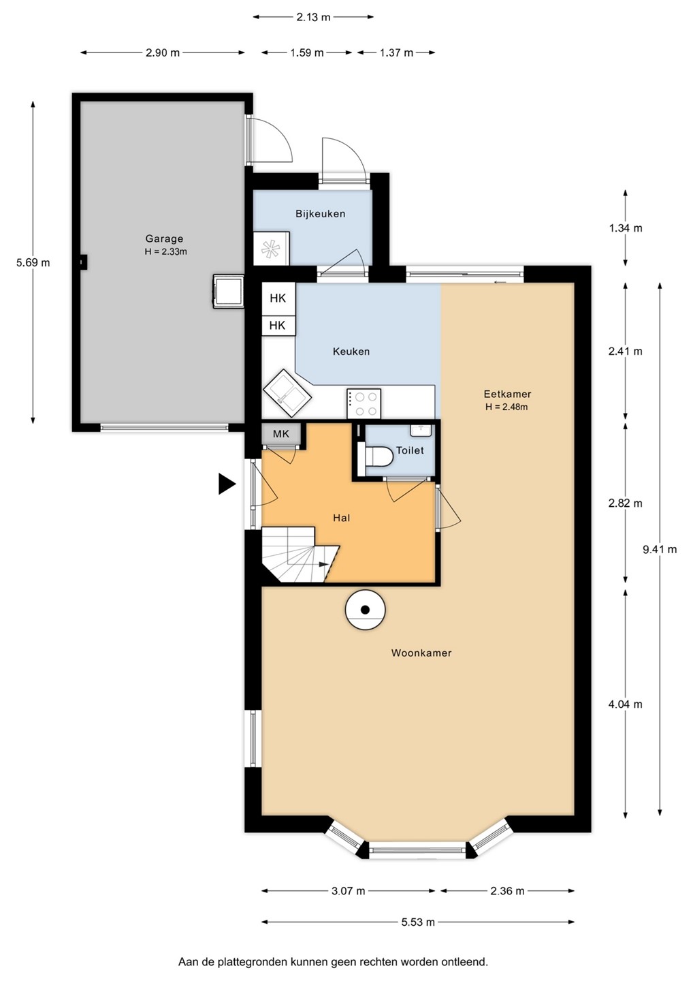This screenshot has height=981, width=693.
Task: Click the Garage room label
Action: pos(164,238)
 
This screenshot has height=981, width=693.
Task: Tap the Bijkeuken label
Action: pos(320,214)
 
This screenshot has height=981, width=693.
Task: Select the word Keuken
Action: pos(351,352)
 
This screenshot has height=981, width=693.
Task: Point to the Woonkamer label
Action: pos(421,653)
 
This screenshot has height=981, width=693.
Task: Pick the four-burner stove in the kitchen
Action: pos(364,403)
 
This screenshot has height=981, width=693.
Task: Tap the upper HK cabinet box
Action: pos(278,298)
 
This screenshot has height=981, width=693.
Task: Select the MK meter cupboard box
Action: pos(281,434)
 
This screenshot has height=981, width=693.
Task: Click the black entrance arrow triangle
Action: pos(226,484)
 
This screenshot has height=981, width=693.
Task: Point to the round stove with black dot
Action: pos(366,610)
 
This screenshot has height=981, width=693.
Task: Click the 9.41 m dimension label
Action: pos(660,549)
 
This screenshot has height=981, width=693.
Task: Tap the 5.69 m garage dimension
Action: pos(33,263)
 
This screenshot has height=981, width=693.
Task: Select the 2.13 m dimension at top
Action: pos(313,17)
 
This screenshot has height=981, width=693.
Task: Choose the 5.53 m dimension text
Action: pos(418,922)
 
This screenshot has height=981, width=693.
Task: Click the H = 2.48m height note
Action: pos(506,407)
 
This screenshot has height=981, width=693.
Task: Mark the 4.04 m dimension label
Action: pos(625,704)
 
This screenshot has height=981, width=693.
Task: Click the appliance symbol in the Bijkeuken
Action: pos(271,248)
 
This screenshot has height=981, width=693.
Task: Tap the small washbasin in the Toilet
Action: pos(421,430)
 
